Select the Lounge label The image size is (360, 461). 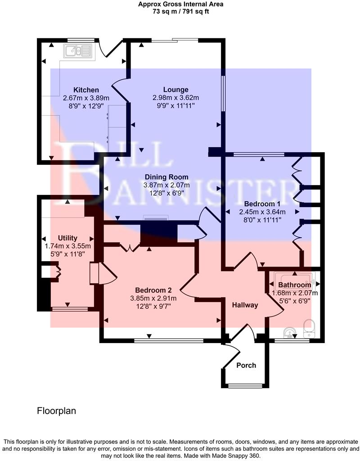point(176,90)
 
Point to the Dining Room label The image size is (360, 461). point(166,177)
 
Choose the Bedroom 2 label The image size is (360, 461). point(153,290)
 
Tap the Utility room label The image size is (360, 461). point(67,238)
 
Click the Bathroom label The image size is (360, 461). point(294,285)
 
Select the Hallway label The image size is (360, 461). point(245,305)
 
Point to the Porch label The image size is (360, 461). point(246,365)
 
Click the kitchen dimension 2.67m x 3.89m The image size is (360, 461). point(86,98)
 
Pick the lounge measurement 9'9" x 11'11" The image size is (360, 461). point(176,106)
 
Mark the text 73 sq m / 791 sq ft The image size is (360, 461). point(180,11)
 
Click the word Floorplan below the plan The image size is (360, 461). point(56,411)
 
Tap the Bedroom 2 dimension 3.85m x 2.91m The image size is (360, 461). point(153,298)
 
